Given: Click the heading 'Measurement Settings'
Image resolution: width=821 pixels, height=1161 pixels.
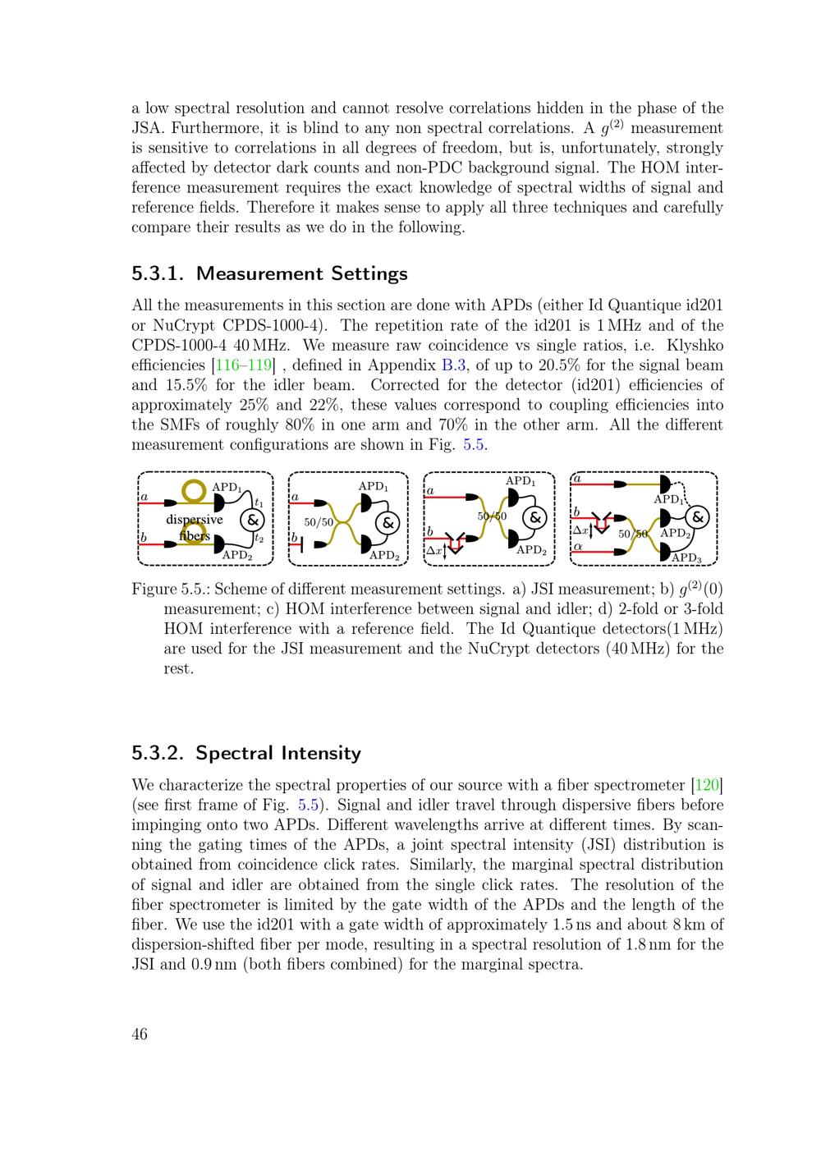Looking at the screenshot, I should [302, 273].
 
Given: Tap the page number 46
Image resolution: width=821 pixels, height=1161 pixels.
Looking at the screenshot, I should [140, 1035].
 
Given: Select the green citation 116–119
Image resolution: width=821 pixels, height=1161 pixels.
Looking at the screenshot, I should [244, 365].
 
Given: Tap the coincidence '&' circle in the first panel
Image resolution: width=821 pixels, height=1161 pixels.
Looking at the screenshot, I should [251, 520].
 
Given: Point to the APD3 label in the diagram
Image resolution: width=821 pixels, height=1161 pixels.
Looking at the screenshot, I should [687, 558].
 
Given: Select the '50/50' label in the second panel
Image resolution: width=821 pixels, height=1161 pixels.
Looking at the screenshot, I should [319, 521].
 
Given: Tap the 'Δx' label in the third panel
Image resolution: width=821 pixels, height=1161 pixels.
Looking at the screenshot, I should [433, 550].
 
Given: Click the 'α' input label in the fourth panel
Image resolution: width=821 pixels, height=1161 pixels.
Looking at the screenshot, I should [577, 545].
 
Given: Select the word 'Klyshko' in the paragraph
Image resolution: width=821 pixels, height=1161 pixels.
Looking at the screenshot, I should [695, 346].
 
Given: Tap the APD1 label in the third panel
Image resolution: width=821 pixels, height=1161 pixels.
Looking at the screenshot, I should [520, 481].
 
